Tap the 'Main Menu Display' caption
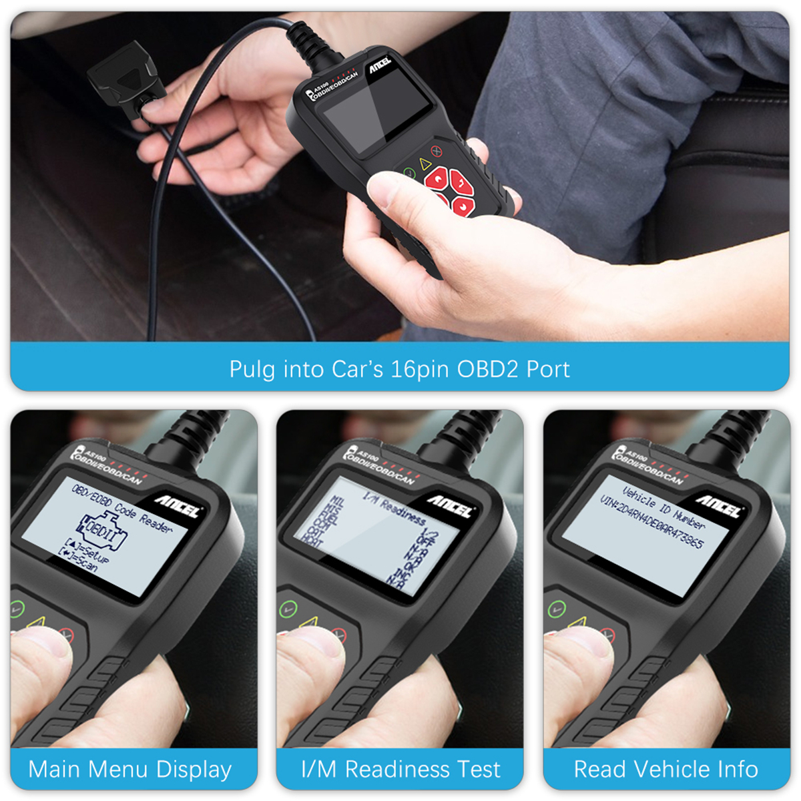[130, 770]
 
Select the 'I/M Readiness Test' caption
[400, 770]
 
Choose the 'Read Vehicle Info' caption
[665, 770]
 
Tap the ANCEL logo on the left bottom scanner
[178, 506]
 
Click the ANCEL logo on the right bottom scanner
[718, 506]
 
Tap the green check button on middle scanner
[288, 609]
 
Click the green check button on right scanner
[556, 609]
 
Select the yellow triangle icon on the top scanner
[424, 162]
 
